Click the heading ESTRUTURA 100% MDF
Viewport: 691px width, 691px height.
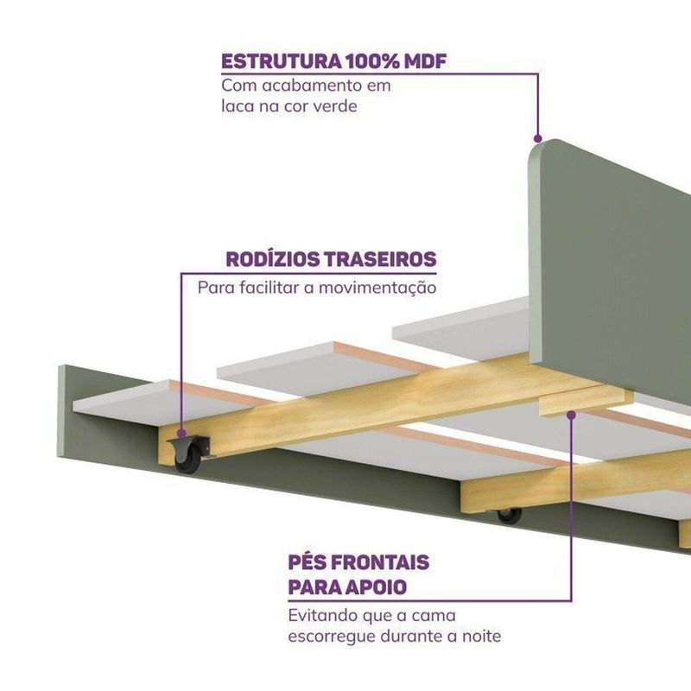(x=334, y=62)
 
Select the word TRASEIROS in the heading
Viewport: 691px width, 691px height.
(x=384, y=260)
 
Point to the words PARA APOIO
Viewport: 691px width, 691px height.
(x=348, y=589)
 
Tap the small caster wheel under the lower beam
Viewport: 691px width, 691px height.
(x=509, y=516)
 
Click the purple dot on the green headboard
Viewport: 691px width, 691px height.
(x=537, y=138)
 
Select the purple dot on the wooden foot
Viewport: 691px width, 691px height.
(x=571, y=415)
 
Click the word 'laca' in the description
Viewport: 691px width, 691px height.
(x=238, y=107)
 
